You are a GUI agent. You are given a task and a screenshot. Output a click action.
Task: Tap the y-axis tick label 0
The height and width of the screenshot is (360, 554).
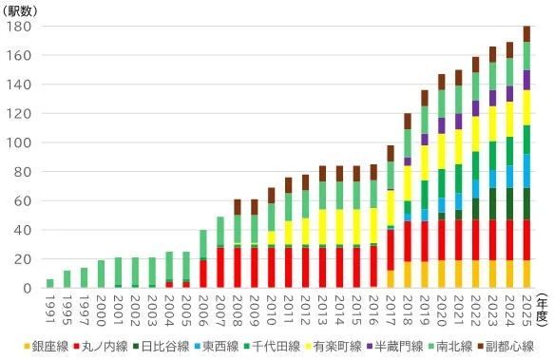pos(28,288)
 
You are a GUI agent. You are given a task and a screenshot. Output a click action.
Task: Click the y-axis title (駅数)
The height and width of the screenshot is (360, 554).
pos(23,9)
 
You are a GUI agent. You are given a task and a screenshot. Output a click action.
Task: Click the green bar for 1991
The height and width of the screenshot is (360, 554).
pos(50,283)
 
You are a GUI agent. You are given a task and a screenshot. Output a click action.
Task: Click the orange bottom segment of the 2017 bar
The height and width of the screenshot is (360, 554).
pos(390,278)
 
